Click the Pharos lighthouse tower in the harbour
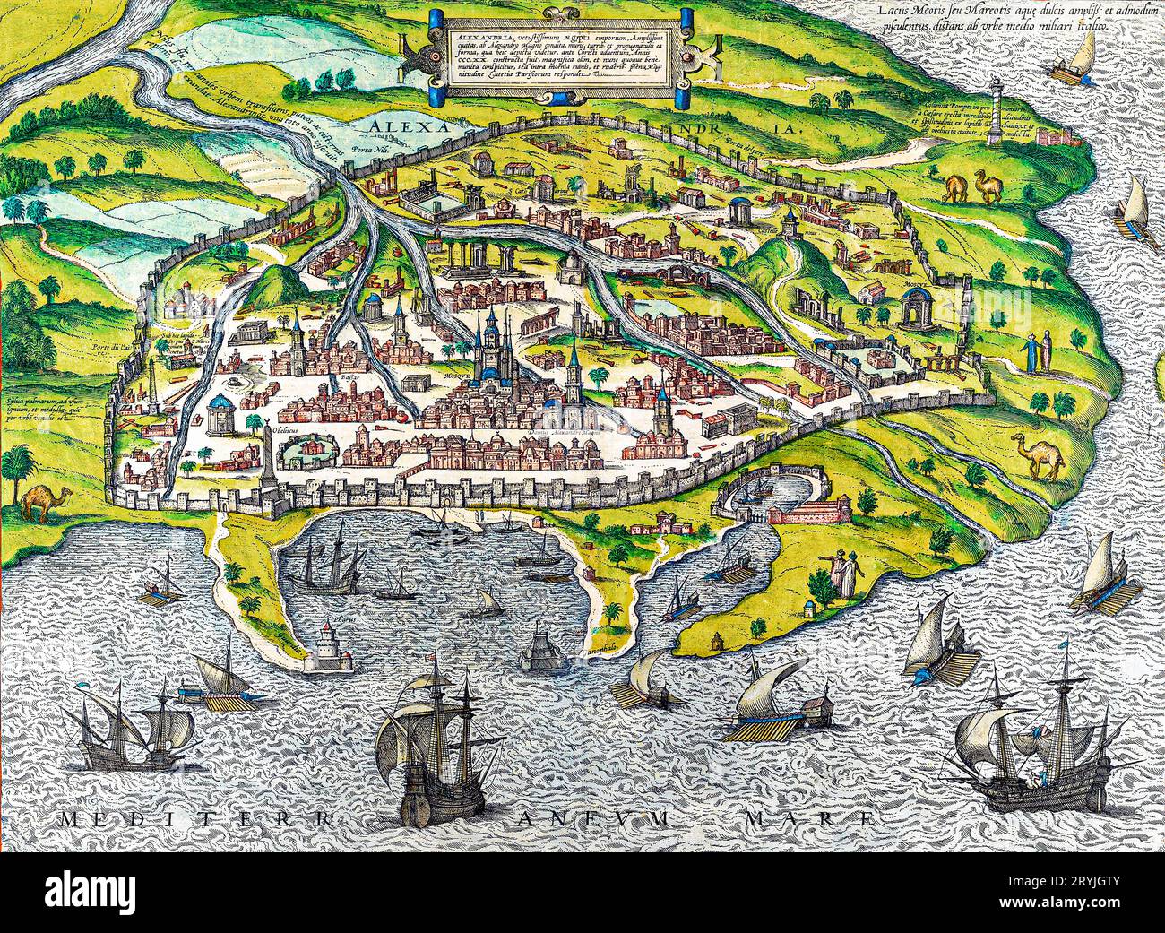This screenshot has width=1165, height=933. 329,644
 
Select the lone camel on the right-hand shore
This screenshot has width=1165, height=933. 1037,454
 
